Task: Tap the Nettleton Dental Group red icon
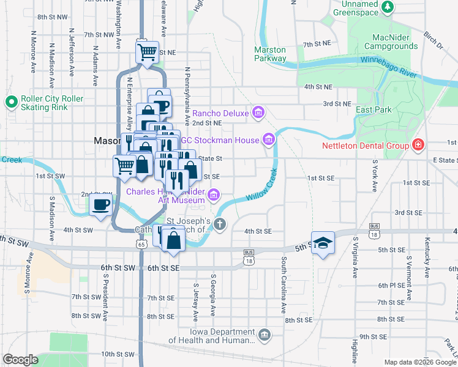[x=418, y=145]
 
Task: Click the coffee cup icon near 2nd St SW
[x=101, y=204]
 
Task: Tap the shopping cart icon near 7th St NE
[x=147, y=53]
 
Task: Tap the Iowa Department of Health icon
[x=265, y=335]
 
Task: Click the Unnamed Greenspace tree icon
[x=387, y=7]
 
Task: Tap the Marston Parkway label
[x=270, y=54]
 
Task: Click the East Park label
[x=374, y=109]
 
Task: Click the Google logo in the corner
[x=21, y=360]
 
